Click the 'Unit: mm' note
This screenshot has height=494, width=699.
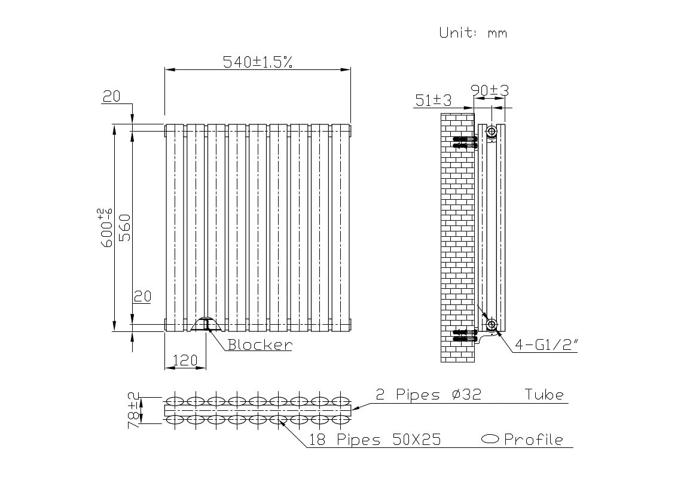pos(473,32)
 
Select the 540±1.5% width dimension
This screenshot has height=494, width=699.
pos(258,62)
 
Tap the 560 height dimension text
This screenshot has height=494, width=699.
pos(126,228)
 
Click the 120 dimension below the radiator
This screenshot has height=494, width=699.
pos(185,360)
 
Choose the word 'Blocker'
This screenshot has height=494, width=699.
pos(260,344)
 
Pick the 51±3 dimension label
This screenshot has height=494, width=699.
pos(433,100)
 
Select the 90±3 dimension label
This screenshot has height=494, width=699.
pos(490,90)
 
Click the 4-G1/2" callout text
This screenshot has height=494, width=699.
pos(546,344)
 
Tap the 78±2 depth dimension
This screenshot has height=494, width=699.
pos(134,410)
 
